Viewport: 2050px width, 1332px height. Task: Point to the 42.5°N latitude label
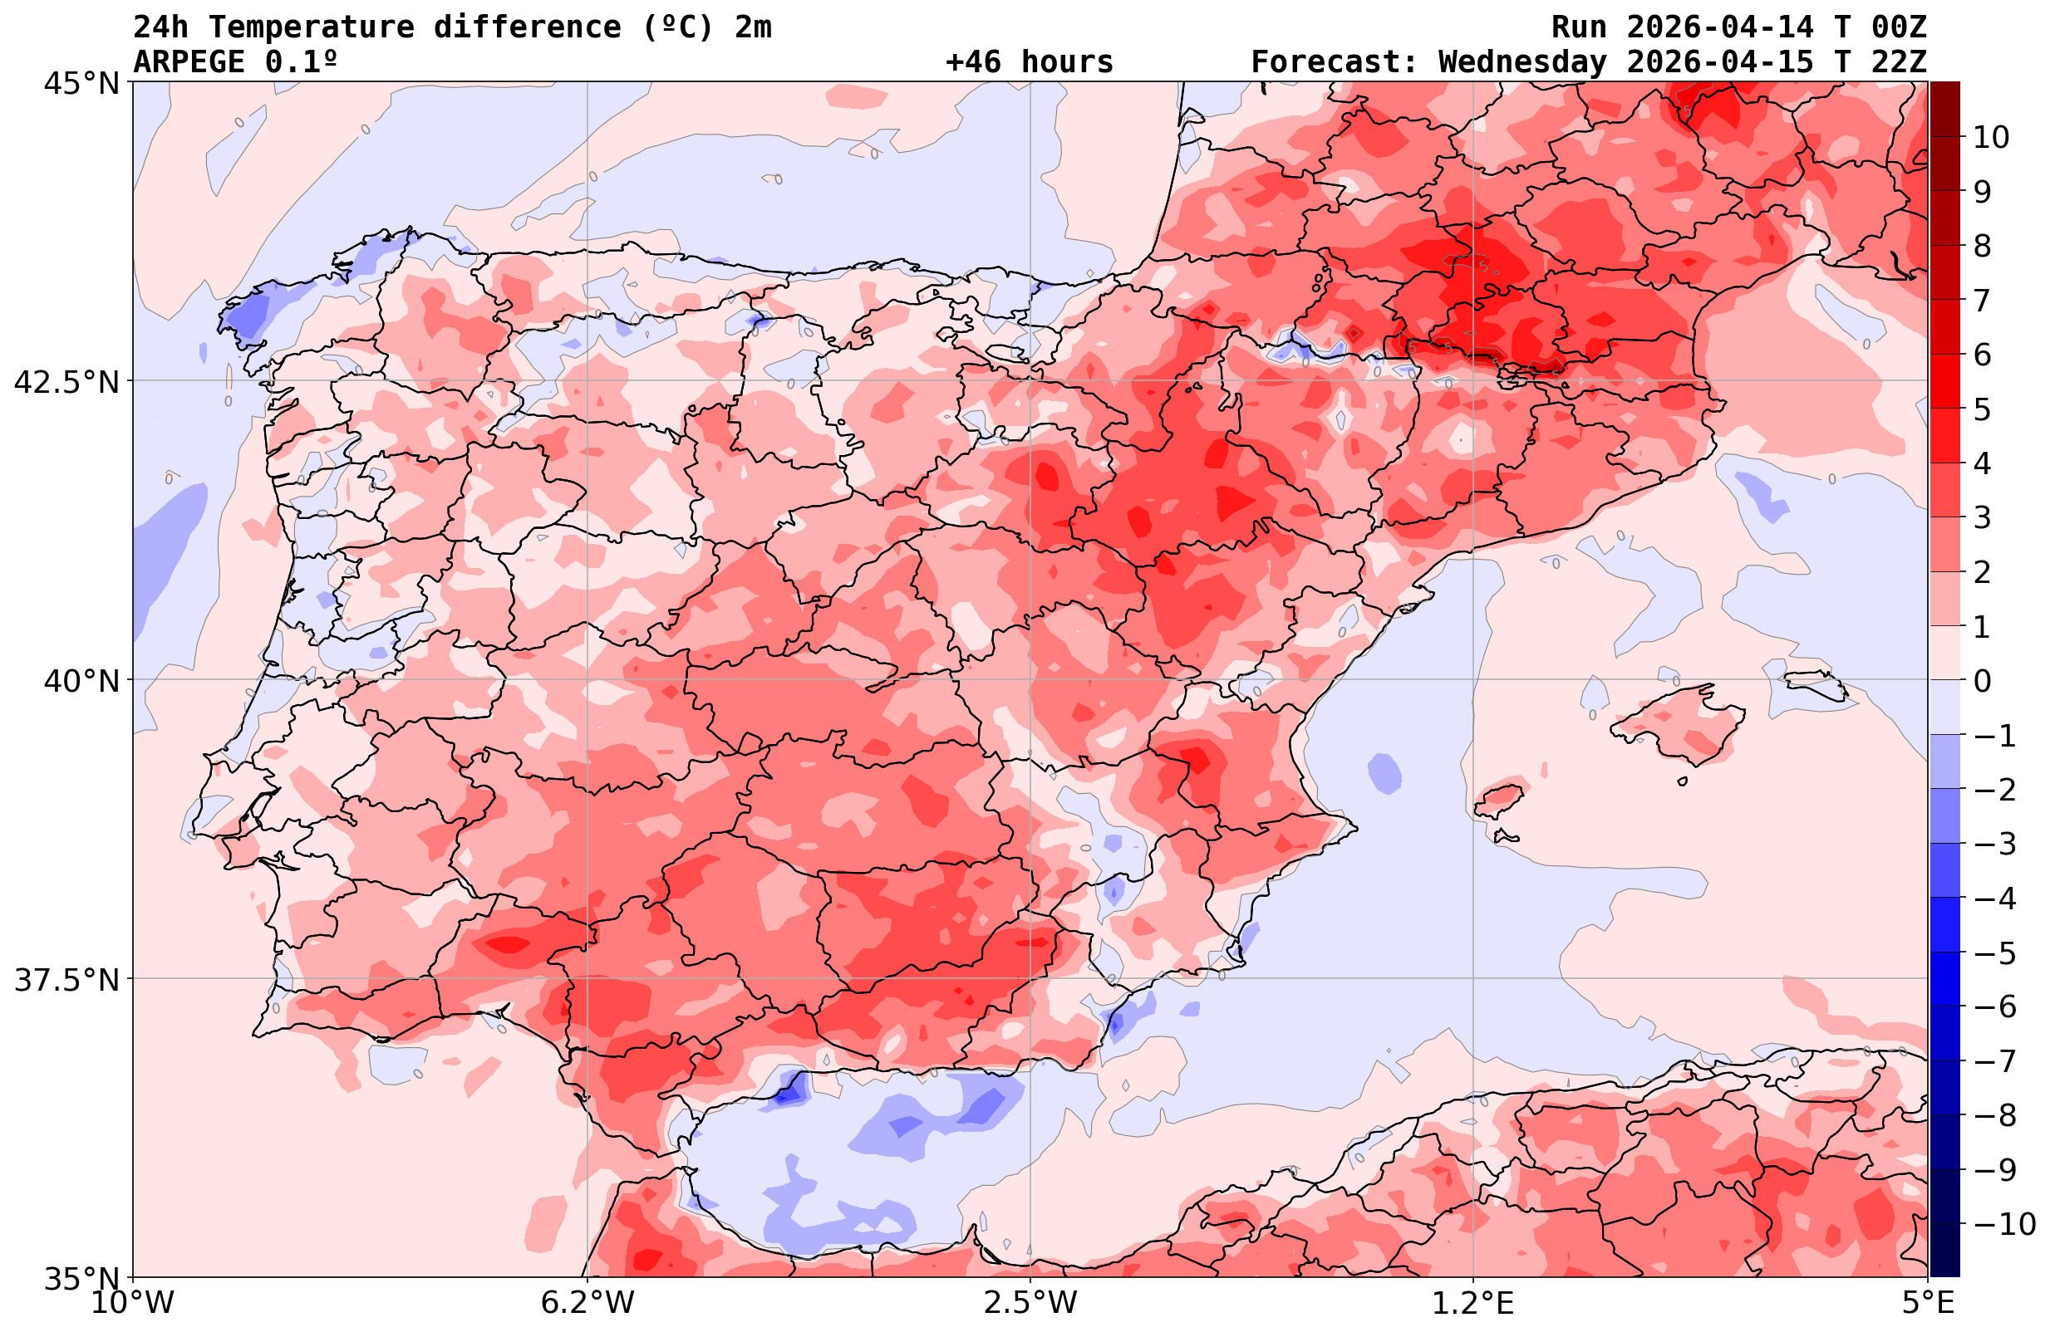tap(66, 382)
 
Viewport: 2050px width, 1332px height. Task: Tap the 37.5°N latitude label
tap(66, 980)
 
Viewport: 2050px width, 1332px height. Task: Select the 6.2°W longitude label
tap(587, 1303)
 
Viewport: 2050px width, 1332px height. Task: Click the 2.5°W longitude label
tap(1030, 1303)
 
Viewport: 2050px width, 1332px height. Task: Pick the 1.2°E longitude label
tap(1473, 1303)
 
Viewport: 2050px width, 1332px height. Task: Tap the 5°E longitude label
tap(1928, 1303)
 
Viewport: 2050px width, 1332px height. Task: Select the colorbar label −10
tap(2003, 1223)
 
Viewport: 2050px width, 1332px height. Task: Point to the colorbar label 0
tap(1982, 681)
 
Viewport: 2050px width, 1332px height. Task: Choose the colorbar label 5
tap(1982, 409)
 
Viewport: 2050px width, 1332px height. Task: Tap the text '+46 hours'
tap(1030, 62)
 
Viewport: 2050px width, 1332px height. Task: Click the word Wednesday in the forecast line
tap(1522, 62)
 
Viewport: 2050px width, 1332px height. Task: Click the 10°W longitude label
tap(133, 1303)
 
